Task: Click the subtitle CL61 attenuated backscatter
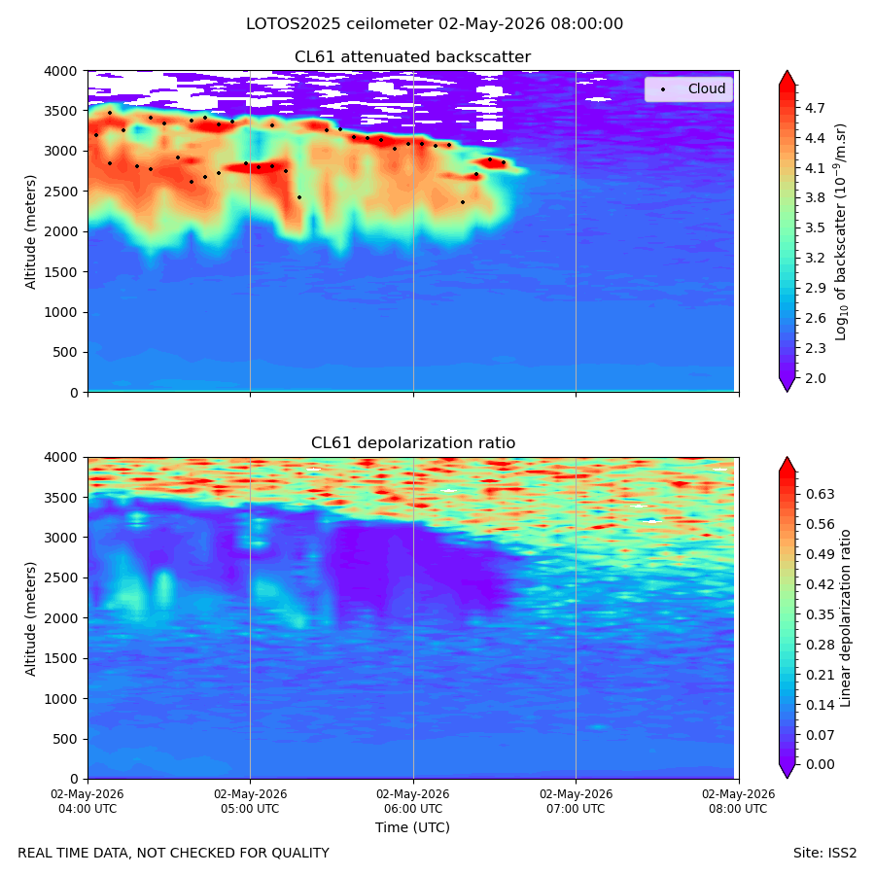click(413, 57)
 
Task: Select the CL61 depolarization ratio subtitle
click(413, 443)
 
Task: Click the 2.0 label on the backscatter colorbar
click(815, 378)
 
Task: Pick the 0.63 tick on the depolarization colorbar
click(820, 494)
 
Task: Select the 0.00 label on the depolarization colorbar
click(820, 764)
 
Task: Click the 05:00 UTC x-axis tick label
click(250, 801)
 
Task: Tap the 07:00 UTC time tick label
click(576, 801)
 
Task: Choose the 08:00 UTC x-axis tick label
click(739, 801)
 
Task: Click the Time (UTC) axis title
click(412, 827)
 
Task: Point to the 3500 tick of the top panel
click(60, 111)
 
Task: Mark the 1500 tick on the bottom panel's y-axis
click(60, 658)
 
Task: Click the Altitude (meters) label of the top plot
click(31, 232)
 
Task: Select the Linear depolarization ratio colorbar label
click(845, 618)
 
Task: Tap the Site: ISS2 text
click(824, 853)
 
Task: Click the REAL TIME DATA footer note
click(174, 853)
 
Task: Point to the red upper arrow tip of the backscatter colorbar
click(787, 71)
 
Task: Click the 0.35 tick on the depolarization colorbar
click(820, 614)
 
